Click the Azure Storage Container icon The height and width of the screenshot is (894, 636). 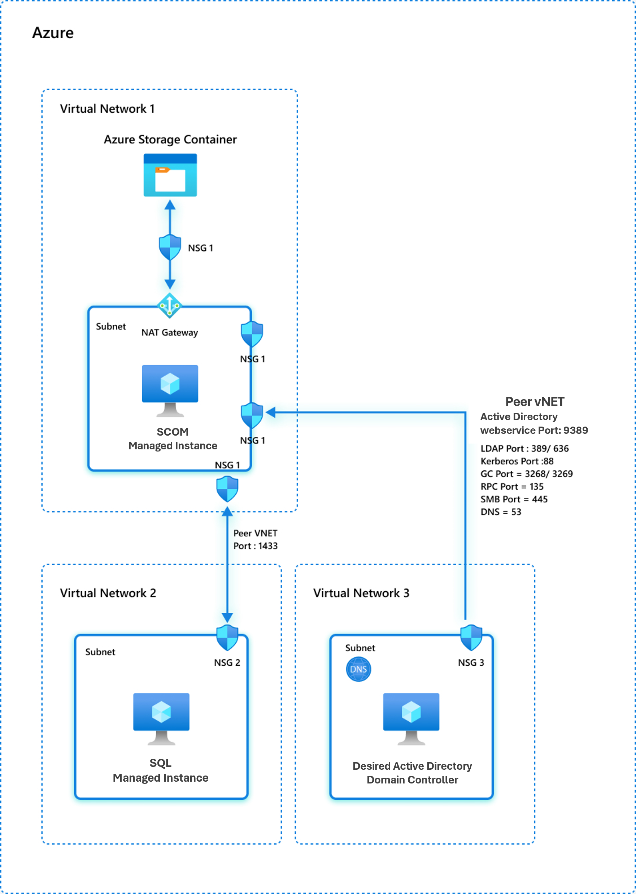point(170,175)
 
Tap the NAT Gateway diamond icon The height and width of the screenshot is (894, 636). point(170,305)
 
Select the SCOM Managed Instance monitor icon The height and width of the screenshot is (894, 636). point(170,390)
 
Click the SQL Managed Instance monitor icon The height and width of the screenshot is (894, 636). point(161,718)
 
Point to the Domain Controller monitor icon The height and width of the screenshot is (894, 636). point(411,718)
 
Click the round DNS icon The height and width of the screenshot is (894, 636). point(358,669)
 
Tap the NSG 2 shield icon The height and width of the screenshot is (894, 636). point(227,637)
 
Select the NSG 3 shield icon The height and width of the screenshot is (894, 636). point(471,637)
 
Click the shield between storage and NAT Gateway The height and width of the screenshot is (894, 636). point(170,247)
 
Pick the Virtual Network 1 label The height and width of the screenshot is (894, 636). point(107,109)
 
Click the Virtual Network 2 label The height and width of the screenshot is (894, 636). point(108,593)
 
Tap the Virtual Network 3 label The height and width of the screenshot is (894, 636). point(361,593)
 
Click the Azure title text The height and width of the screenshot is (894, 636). point(52,33)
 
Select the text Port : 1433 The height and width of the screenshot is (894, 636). point(255,545)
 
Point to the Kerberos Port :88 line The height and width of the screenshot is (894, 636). point(517,461)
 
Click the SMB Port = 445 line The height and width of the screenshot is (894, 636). point(513,499)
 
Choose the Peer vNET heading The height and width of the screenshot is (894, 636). point(535,401)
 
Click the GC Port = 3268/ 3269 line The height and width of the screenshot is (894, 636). point(526,474)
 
